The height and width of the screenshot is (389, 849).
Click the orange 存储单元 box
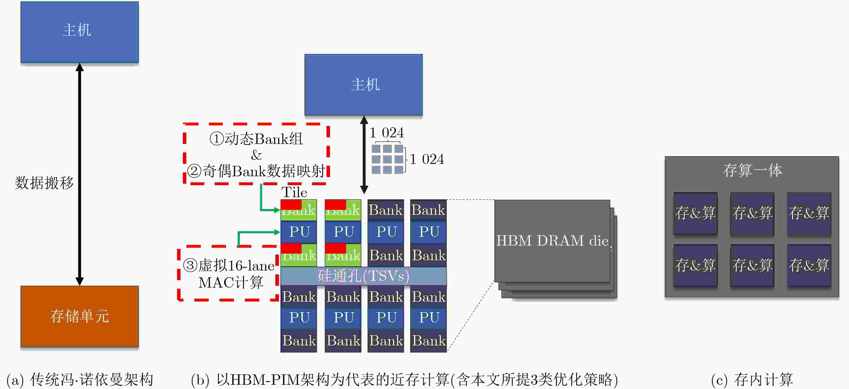click(x=80, y=316)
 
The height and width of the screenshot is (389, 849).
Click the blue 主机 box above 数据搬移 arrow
click(x=80, y=32)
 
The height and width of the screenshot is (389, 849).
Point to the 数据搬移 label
click(x=44, y=183)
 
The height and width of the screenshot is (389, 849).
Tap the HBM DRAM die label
click(x=552, y=241)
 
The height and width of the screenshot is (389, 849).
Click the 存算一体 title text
click(x=752, y=171)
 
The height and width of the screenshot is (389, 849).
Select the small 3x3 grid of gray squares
click(x=387, y=159)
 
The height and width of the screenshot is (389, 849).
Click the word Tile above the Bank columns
click(x=294, y=192)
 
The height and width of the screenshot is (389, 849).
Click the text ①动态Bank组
click(x=256, y=139)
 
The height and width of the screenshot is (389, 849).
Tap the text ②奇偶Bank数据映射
click(x=256, y=171)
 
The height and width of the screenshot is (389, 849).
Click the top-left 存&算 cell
click(x=695, y=213)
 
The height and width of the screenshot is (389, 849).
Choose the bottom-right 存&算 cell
click(x=809, y=265)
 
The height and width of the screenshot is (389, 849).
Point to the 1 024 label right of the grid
click(x=427, y=159)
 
